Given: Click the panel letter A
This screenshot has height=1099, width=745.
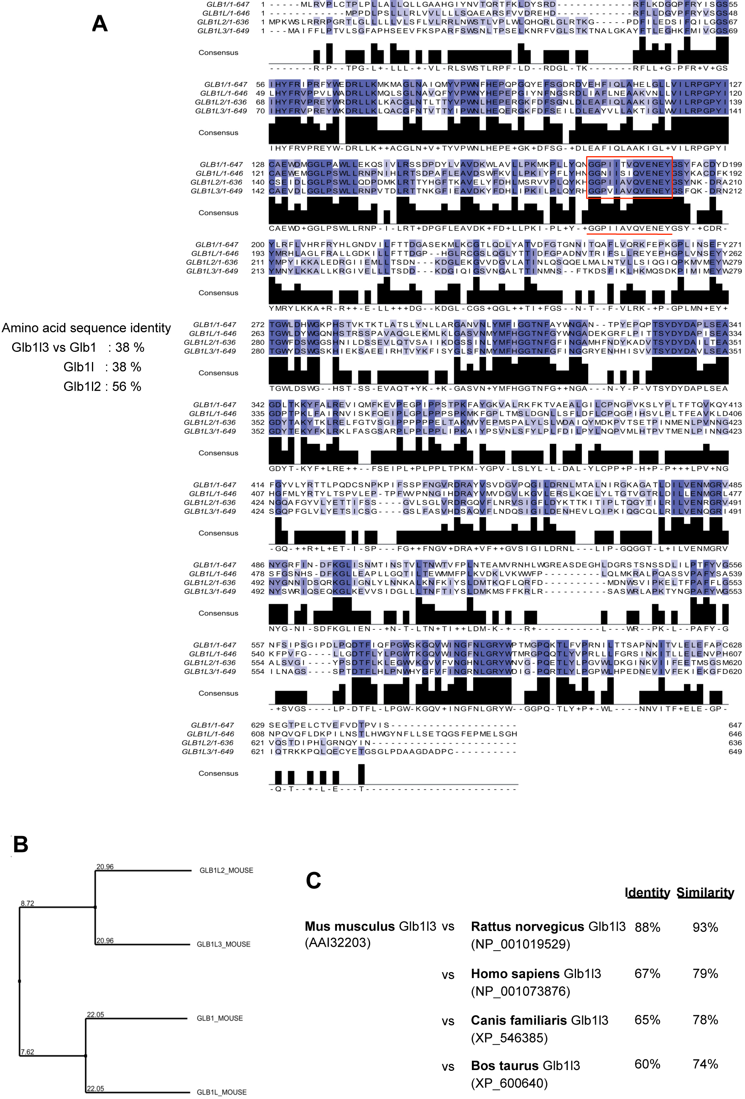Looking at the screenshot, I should [x=99, y=23].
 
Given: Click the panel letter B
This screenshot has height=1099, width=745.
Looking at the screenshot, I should [x=20, y=844].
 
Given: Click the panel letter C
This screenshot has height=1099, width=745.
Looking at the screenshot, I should [x=313, y=881].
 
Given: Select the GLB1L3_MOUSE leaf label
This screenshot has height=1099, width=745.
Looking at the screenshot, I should [x=223, y=944].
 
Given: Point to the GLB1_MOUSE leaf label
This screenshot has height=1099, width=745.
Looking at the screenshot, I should [x=220, y=1018].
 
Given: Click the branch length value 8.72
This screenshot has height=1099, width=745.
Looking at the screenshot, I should [x=27, y=903].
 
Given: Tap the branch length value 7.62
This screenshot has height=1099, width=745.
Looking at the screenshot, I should [x=27, y=1052].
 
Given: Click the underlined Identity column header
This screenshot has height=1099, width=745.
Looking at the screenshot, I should [x=647, y=892].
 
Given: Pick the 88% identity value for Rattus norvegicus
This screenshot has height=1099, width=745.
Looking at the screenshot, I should [x=647, y=927].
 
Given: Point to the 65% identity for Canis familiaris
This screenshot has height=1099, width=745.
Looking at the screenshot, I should [x=647, y=1020].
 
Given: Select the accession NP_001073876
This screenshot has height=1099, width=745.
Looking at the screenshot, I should [x=520, y=991].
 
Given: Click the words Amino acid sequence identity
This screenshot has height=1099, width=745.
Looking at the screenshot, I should [x=86, y=328].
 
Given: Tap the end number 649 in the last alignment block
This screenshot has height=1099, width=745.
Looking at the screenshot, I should [x=735, y=752].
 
